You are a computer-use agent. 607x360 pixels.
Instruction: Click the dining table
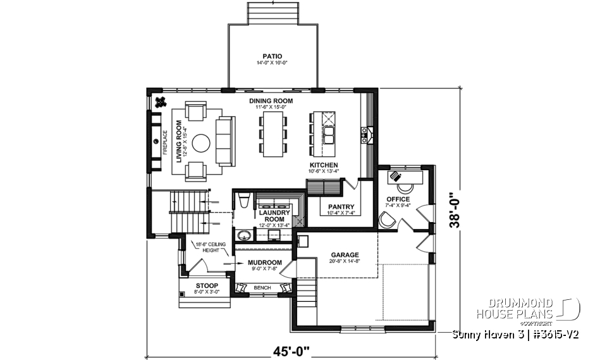tap(272, 135)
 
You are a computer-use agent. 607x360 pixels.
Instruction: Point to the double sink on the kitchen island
tap(329, 137)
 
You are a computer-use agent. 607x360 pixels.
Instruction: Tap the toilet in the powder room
tap(245, 201)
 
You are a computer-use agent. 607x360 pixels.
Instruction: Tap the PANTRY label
tap(341, 207)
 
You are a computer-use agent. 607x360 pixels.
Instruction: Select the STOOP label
tap(206, 285)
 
